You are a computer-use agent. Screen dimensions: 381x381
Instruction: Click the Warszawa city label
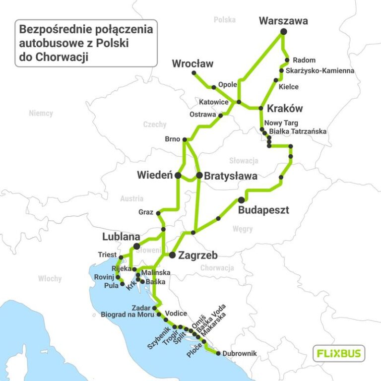[x=283, y=21]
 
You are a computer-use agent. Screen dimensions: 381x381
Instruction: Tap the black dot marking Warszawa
[x=284, y=32]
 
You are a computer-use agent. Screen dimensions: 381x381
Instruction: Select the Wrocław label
[x=192, y=63]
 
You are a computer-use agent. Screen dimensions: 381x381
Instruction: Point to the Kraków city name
[x=284, y=109]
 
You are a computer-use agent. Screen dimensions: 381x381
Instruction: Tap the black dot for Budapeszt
[x=241, y=199]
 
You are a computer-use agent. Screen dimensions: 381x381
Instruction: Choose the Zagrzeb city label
[x=197, y=255]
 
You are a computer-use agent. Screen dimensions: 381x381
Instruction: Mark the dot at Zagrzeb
[x=172, y=255]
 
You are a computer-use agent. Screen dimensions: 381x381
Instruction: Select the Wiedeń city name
[x=154, y=175]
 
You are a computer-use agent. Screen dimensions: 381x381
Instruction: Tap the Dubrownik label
[x=240, y=353]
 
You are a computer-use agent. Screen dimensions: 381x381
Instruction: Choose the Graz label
[x=146, y=212]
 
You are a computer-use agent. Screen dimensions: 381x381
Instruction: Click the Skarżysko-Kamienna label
[x=320, y=71]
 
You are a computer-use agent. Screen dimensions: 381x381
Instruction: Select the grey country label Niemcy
[x=41, y=113]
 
